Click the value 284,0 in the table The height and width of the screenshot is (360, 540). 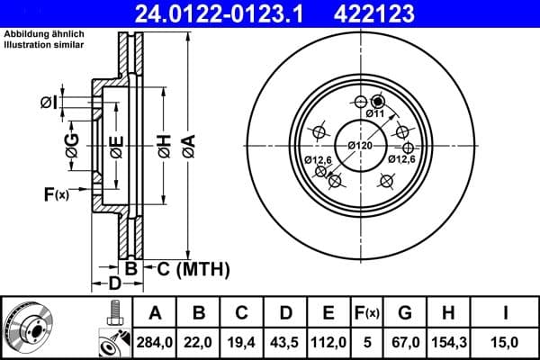[155, 341]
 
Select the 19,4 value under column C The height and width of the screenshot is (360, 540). [243, 341]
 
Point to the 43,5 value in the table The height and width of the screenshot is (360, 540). [286, 341]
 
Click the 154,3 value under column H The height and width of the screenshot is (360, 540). [448, 341]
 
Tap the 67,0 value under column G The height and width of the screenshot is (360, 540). [405, 341]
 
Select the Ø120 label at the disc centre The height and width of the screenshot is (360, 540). [360, 145]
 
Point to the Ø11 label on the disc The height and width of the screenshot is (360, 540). [375, 114]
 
